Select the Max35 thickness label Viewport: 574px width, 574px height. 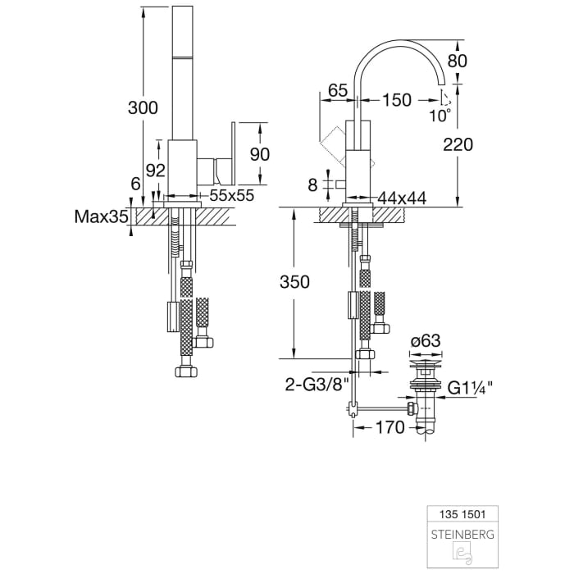pyautogui.click(x=101, y=217)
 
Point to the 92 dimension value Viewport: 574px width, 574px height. pyautogui.click(x=156, y=170)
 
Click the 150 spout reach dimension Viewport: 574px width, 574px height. pyautogui.click(x=397, y=100)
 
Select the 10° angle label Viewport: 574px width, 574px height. pyautogui.click(x=440, y=116)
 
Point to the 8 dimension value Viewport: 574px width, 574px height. pyautogui.click(x=312, y=185)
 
